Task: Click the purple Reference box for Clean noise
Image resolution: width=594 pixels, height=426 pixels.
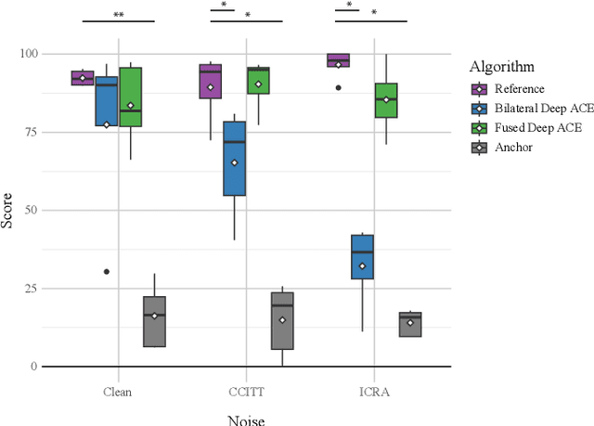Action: (x=83, y=78)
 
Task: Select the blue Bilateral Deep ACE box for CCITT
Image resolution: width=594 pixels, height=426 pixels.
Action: (x=235, y=158)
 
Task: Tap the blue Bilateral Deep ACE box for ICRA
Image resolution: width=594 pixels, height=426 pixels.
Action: (x=362, y=256)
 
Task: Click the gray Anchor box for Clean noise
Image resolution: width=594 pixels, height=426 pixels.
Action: (x=154, y=321)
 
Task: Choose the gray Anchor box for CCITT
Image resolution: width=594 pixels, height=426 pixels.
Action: (x=282, y=321)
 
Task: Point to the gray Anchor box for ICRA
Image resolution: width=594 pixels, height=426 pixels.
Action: (x=410, y=324)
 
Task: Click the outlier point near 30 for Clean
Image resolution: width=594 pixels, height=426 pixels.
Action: (x=107, y=272)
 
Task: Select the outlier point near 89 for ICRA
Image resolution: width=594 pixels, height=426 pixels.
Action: (x=338, y=87)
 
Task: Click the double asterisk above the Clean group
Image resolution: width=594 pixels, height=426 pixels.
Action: (x=118, y=15)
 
